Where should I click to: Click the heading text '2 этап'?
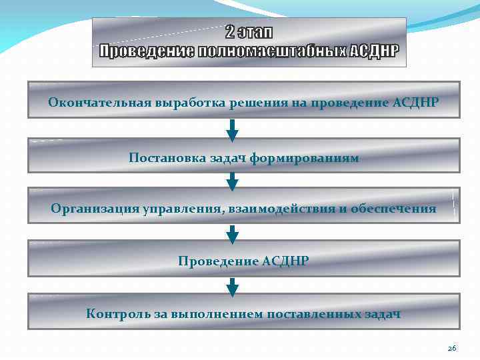[x=249, y=32]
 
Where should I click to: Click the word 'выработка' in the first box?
[x=183, y=103]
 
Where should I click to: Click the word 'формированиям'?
[x=307, y=158]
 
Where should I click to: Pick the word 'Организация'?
[x=94, y=209]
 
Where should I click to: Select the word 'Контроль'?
[x=115, y=313]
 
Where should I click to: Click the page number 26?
[x=451, y=348]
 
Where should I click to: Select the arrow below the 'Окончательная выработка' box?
[x=232, y=130]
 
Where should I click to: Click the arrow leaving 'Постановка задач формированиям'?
[x=232, y=181]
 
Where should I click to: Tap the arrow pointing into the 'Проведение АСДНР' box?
[x=232, y=234]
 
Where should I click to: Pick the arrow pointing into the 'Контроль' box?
[x=232, y=286]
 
